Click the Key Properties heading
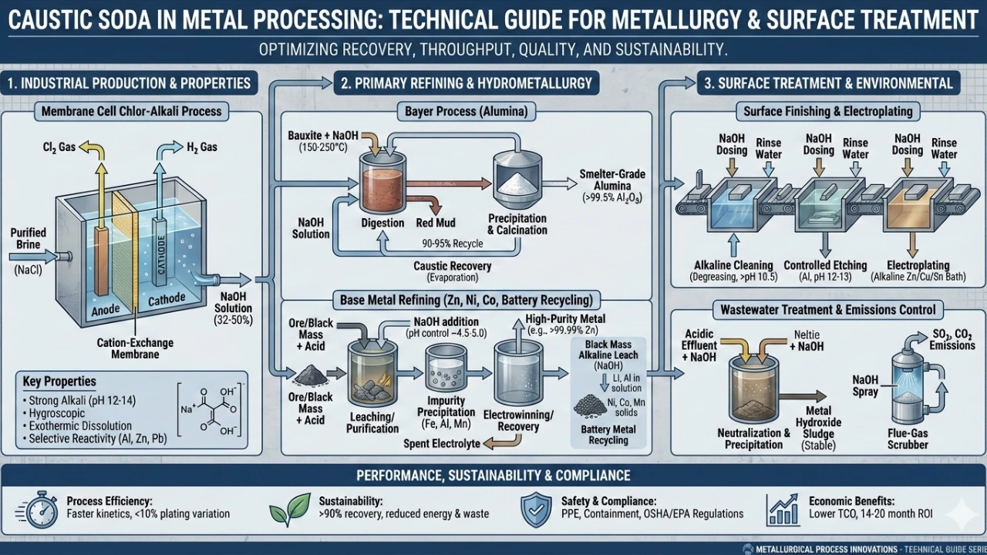(59, 382)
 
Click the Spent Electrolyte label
(442, 444)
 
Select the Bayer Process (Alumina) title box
(467, 112)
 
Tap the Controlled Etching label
(824, 264)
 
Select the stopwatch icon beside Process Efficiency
(41, 507)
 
